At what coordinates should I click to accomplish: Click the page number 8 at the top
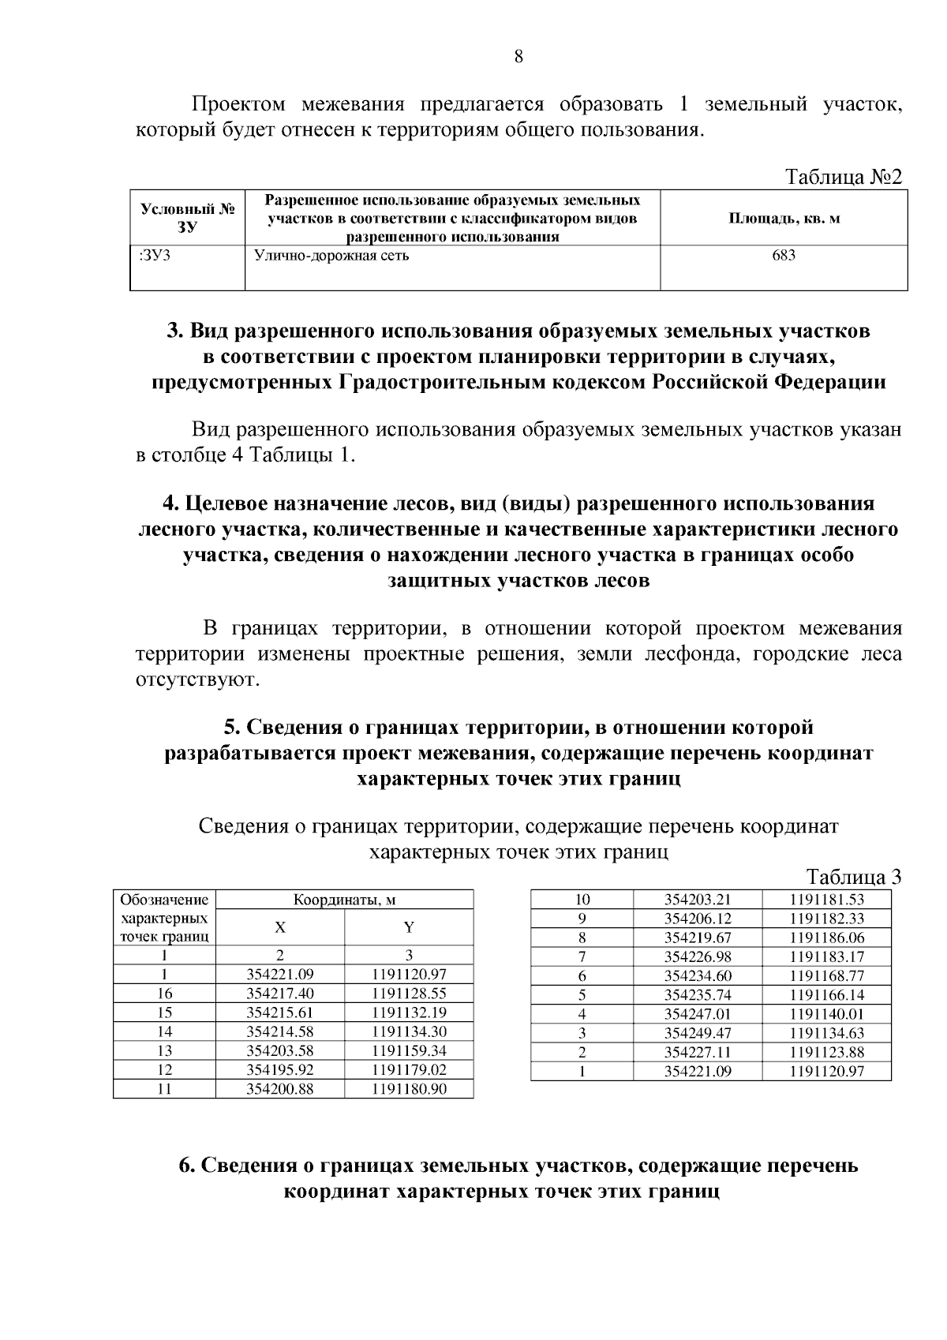pos(518,56)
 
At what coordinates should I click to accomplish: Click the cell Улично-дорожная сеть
pos(331,256)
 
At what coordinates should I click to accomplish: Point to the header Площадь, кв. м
pos(784,218)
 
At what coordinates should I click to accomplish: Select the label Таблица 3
pos(854,878)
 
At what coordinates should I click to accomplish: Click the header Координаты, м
pos(344,900)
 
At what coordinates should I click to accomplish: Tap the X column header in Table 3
pos(280,927)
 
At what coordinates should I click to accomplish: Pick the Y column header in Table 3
pos(409,927)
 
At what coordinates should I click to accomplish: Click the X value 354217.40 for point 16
pos(280,994)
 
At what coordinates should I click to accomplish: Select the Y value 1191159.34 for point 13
pos(409,1050)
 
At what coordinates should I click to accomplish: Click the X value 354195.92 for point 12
pos(280,1069)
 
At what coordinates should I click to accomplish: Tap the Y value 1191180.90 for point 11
pos(409,1089)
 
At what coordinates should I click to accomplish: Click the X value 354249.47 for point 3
pos(698,1032)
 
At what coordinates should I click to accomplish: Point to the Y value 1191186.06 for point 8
pos(827,938)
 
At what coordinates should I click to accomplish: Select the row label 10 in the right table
pos(582,900)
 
